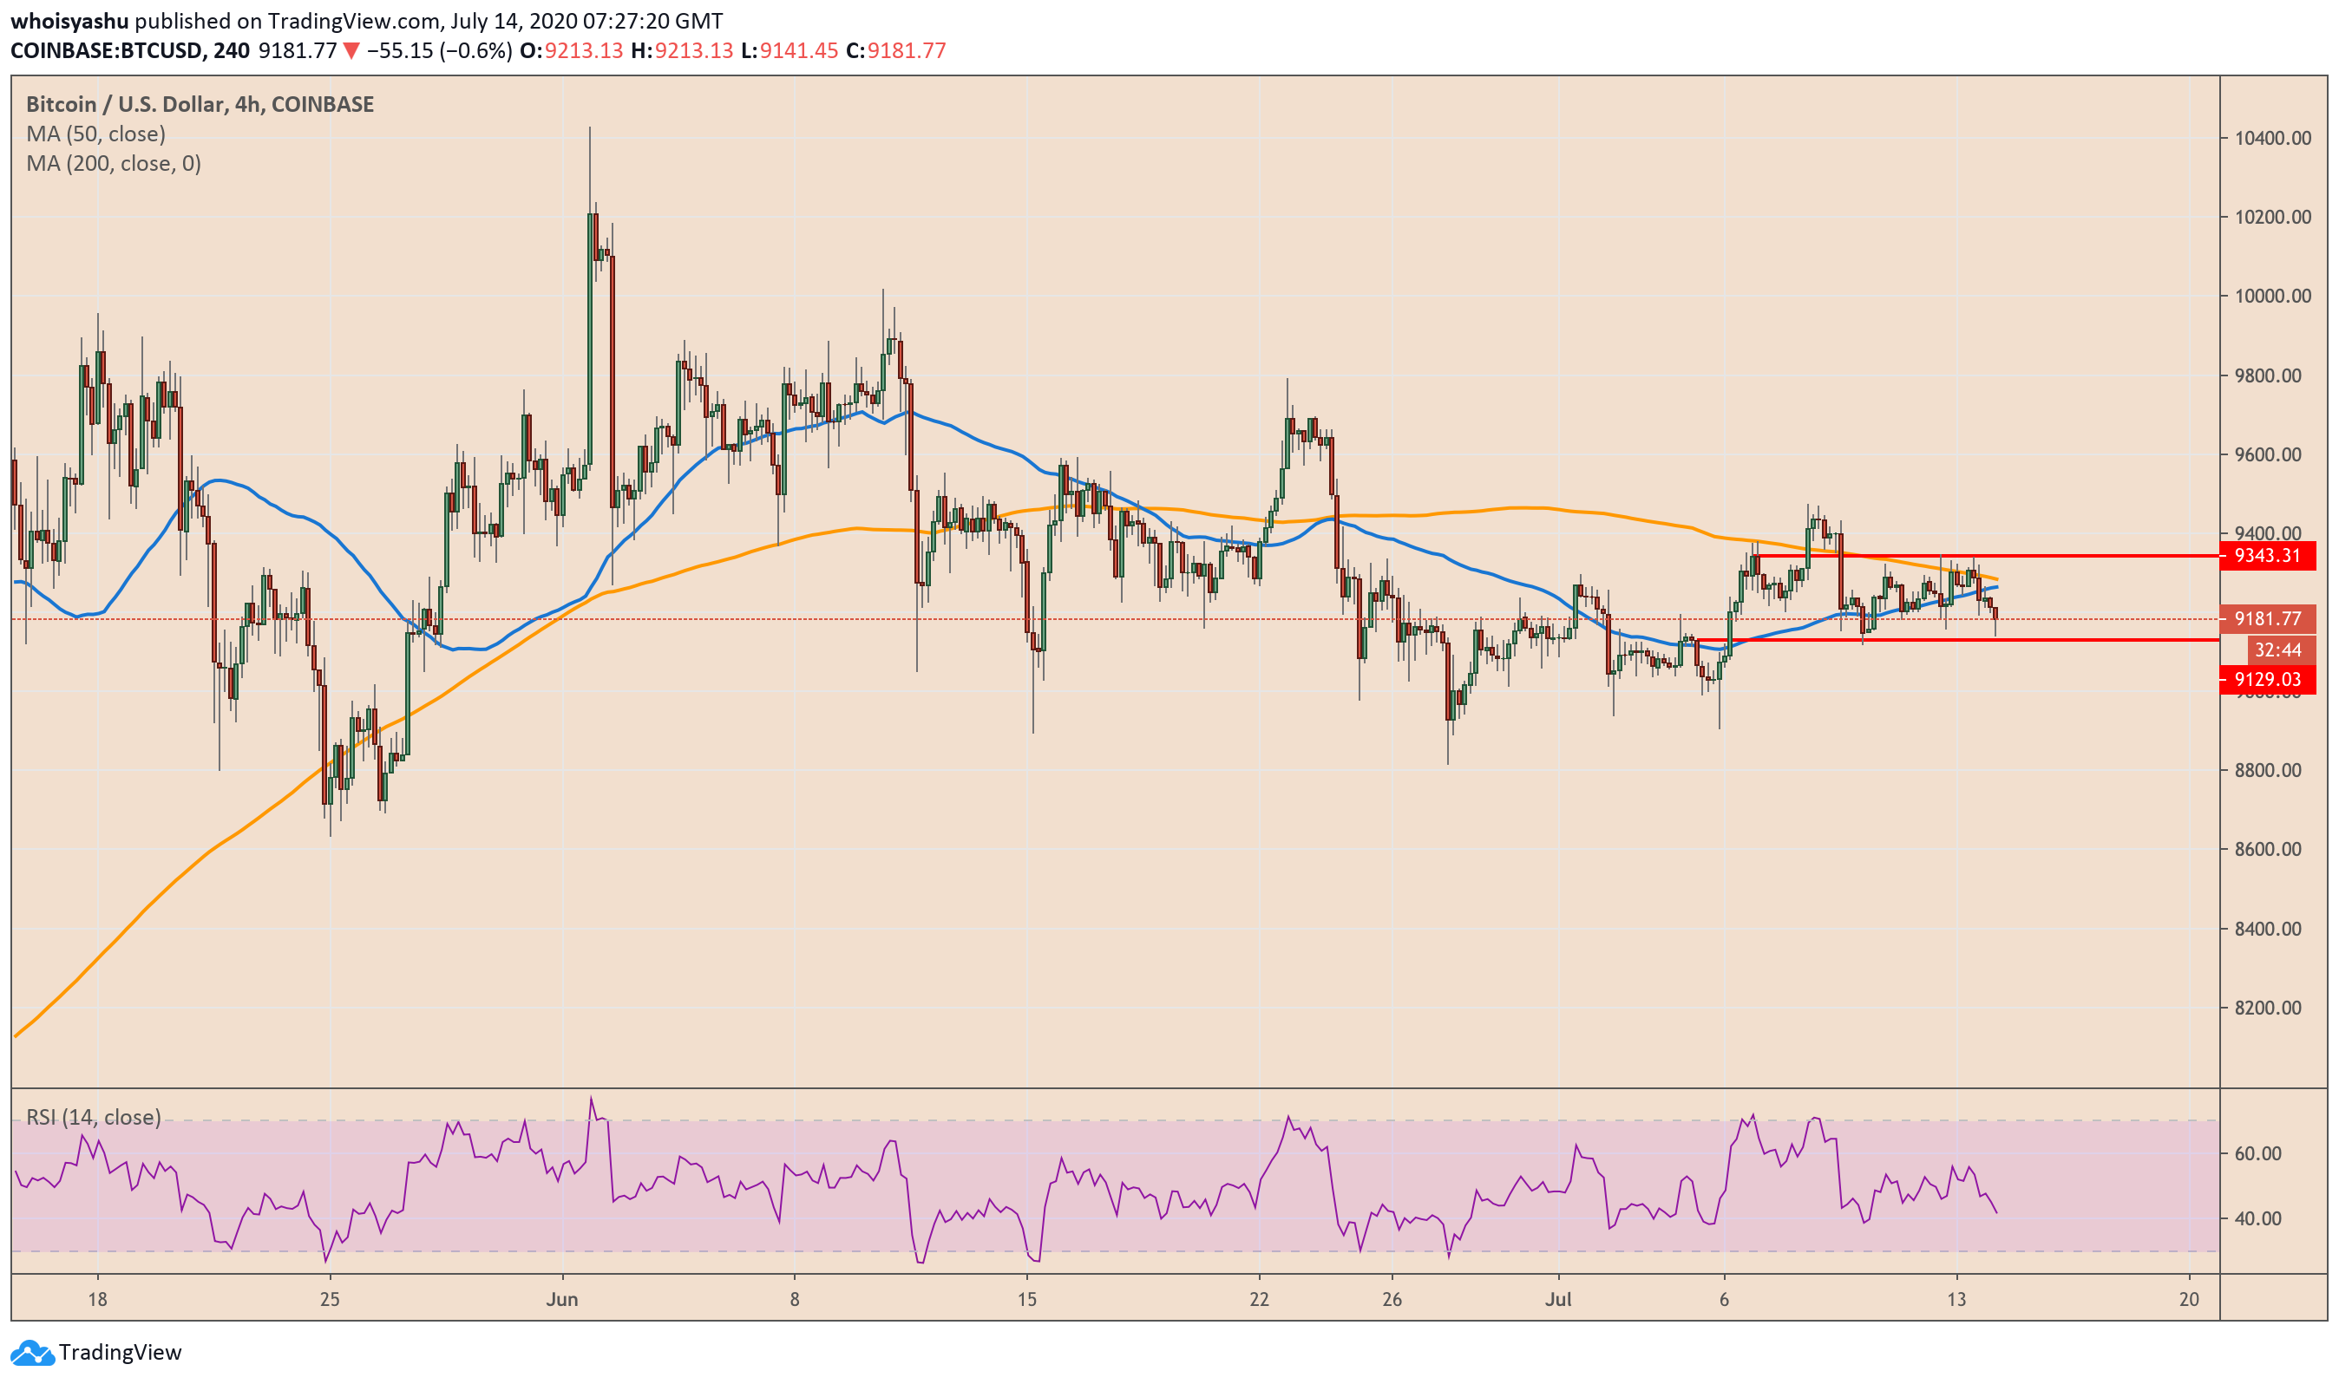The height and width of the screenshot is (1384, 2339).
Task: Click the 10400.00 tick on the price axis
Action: click(x=2272, y=138)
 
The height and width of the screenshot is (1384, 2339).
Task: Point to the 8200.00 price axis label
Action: click(x=2272, y=1009)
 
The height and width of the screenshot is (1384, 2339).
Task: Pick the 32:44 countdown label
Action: click(x=2277, y=650)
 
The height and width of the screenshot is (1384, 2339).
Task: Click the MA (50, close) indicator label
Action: click(x=96, y=134)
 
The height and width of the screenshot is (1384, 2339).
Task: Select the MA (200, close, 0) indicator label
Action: click(x=114, y=164)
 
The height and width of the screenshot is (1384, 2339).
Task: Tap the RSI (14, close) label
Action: click(x=94, y=1117)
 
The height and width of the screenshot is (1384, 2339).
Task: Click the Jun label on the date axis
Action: click(x=561, y=1300)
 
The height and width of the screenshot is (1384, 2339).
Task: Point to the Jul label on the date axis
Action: click(x=1558, y=1300)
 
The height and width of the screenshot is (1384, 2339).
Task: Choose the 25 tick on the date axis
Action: click(x=330, y=1300)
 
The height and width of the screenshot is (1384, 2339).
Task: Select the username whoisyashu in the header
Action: click(x=69, y=21)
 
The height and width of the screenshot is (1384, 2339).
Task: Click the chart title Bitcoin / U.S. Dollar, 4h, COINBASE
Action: click(x=200, y=104)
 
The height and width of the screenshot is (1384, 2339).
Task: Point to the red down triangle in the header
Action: click(x=351, y=51)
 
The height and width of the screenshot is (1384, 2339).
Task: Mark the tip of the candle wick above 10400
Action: click(x=590, y=127)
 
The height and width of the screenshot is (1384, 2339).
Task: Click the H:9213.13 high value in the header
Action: click(x=682, y=51)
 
